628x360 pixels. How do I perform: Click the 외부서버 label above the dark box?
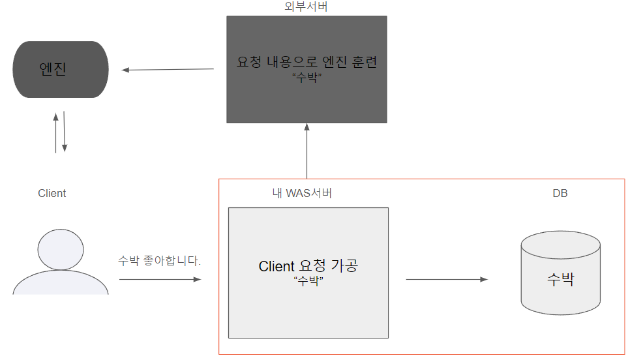(307, 7)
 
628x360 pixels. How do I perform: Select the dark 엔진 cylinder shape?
(61, 69)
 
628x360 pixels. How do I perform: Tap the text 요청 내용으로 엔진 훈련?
(307, 63)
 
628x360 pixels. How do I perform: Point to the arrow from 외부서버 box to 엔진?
(168, 69)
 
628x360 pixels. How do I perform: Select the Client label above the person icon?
(52, 193)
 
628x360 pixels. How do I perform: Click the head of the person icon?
(61, 249)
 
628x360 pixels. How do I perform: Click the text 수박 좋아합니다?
(160, 260)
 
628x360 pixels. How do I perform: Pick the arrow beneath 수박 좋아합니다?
(160, 279)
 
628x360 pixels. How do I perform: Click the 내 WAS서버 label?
(302, 193)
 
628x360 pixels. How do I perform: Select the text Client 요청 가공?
(308, 266)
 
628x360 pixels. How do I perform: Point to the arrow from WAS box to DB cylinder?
(446, 279)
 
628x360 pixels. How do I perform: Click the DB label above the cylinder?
(560, 194)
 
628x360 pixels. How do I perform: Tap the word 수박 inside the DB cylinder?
(560, 280)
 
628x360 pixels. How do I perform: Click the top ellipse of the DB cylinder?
(560, 245)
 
